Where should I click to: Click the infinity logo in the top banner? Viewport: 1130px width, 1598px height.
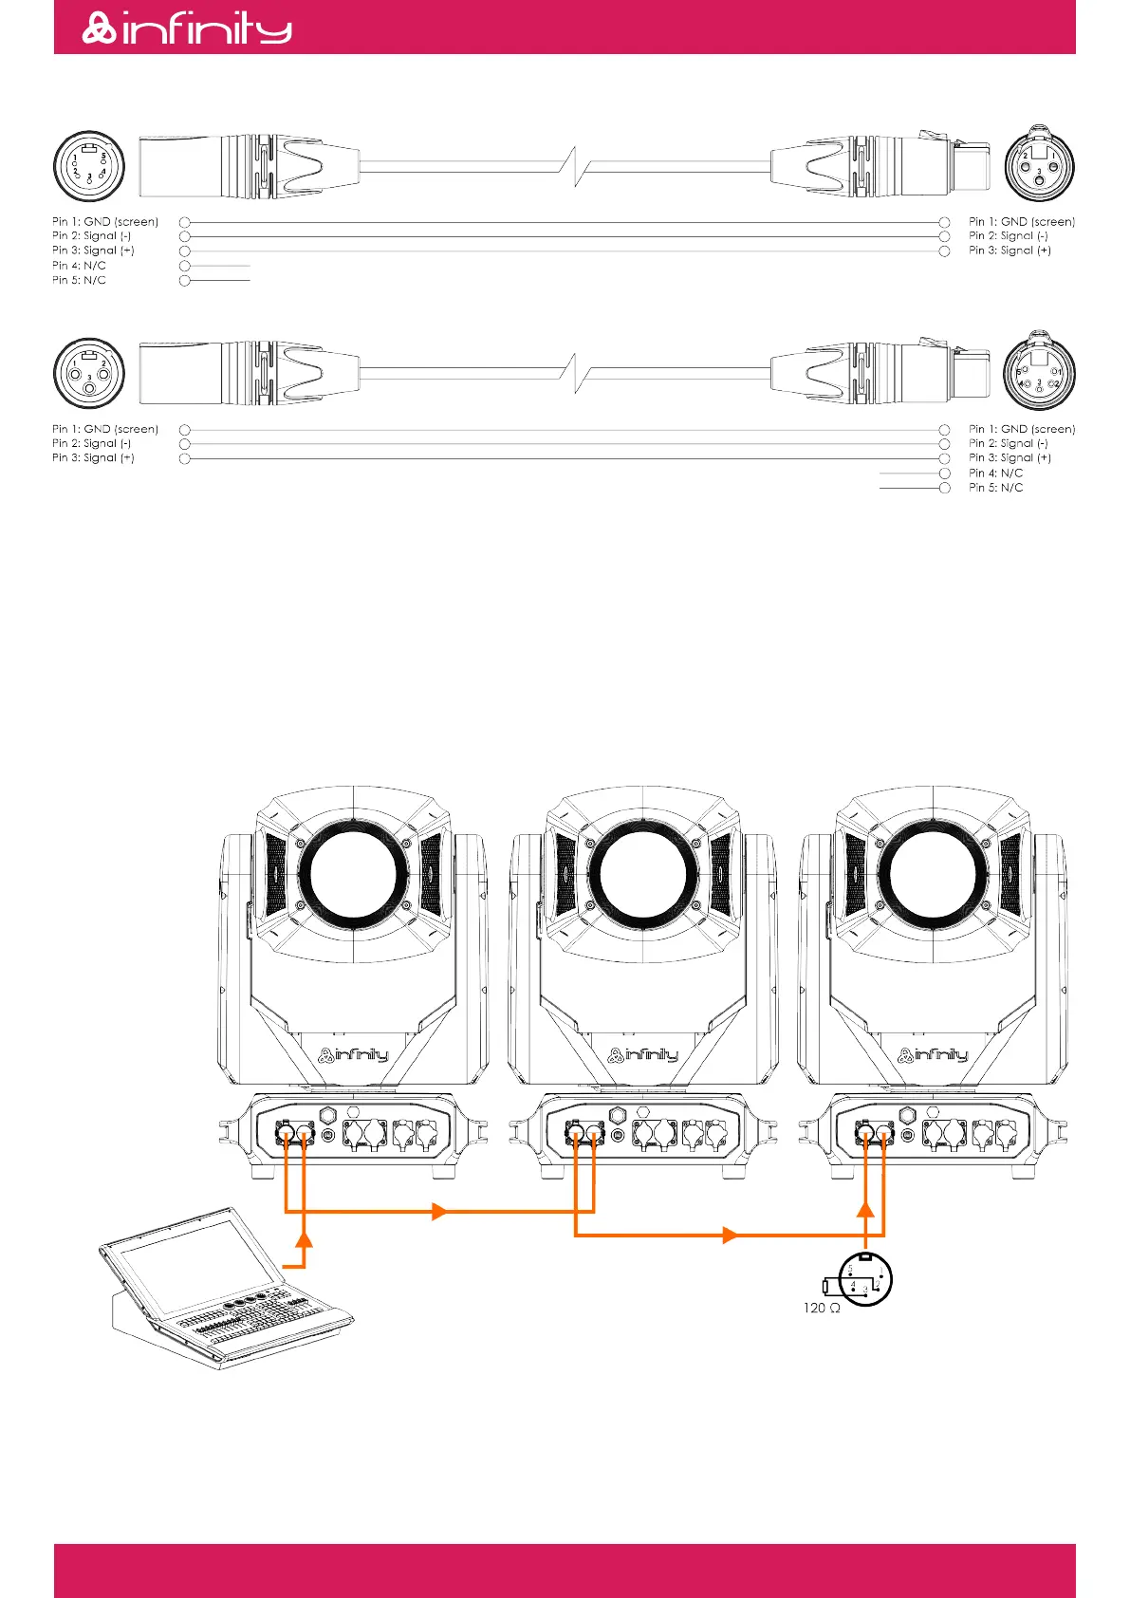pyautogui.click(x=187, y=28)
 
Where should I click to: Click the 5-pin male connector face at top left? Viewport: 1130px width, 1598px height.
pyautogui.click(x=89, y=166)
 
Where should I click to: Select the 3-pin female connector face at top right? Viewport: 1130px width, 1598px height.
pyautogui.click(x=1039, y=166)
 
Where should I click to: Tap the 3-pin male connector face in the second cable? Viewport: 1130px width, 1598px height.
pyautogui.click(x=89, y=373)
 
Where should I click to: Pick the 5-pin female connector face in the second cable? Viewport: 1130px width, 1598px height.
pyautogui.click(x=1039, y=373)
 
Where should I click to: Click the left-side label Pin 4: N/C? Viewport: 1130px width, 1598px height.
pyautogui.click(x=79, y=266)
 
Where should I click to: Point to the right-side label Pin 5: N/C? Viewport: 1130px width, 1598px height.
pyautogui.click(x=995, y=488)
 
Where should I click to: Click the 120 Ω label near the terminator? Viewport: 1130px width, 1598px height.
pyautogui.click(x=821, y=1308)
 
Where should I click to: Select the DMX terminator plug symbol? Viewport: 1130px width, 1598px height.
pyautogui.click(x=864, y=1279)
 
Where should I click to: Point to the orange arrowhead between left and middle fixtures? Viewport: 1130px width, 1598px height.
pyautogui.click(x=439, y=1212)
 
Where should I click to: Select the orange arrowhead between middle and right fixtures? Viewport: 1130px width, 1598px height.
pyautogui.click(x=730, y=1236)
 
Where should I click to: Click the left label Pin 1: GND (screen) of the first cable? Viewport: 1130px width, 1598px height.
pyautogui.click(x=105, y=222)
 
